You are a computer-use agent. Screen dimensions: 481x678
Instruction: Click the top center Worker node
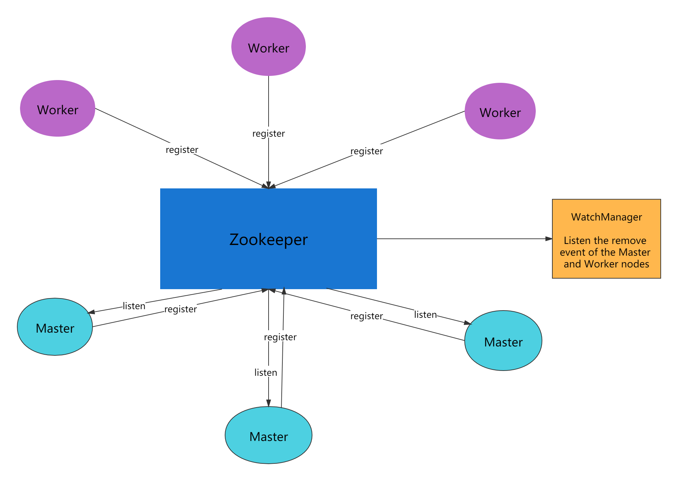point(269,47)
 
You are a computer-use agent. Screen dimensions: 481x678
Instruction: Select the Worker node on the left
point(58,109)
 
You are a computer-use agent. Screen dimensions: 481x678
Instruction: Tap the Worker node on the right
point(500,111)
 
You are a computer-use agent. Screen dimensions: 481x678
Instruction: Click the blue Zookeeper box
point(269,239)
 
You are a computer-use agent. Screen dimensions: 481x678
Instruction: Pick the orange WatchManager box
point(607,239)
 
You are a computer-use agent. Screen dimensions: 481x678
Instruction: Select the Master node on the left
point(55,327)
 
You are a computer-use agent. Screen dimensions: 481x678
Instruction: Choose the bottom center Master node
point(269,435)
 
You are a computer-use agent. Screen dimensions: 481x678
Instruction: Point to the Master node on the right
point(503,341)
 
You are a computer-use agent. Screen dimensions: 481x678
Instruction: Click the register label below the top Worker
point(269,133)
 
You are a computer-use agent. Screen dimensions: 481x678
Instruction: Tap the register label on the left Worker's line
point(182,149)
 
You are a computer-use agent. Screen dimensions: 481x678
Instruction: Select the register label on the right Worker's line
point(367,150)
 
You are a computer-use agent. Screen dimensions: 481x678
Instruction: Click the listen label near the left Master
point(134,305)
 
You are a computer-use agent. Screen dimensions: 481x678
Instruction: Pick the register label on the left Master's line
point(181,308)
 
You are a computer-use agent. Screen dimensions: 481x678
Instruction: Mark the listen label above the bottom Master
point(266,372)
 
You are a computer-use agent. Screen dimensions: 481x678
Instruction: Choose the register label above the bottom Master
point(280,336)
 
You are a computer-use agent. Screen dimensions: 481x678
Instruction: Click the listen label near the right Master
point(425,314)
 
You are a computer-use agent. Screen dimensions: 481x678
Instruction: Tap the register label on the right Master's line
point(367,315)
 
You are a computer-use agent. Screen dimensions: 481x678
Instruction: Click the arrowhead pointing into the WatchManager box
point(549,239)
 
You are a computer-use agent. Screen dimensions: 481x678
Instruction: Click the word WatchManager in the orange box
point(607,217)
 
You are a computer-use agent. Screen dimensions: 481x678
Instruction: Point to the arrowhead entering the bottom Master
point(269,403)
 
